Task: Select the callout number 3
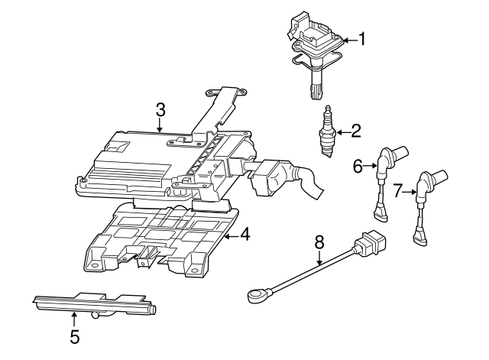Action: pyautogui.click(x=160, y=110)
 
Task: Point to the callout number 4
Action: pyautogui.click(x=244, y=235)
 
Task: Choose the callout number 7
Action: pyautogui.click(x=397, y=191)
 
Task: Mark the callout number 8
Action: pyautogui.click(x=319, y=243)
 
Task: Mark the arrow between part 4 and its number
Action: pyautogui.click(x=228, y=235)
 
